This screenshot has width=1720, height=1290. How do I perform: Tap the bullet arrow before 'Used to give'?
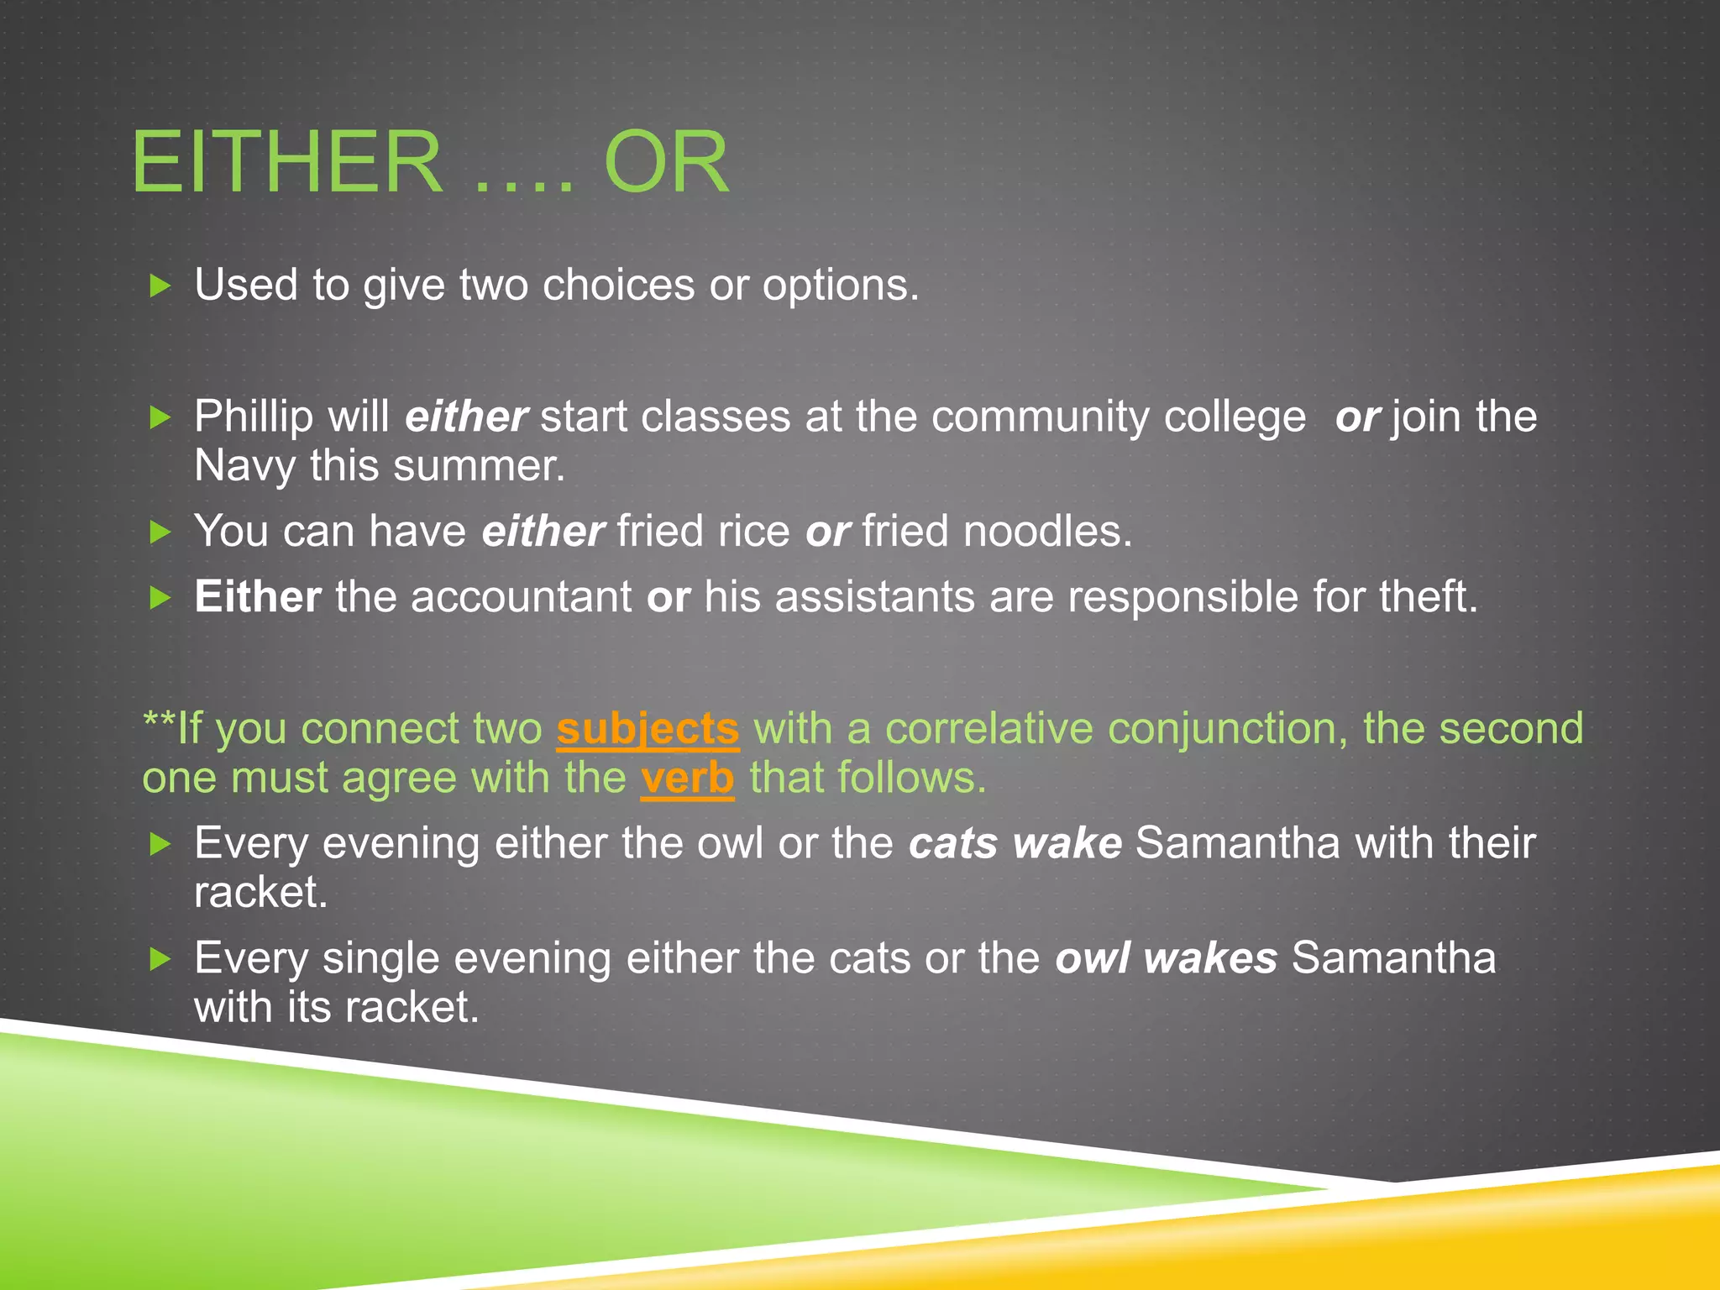click(160, 286)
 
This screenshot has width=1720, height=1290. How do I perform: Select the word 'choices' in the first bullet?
click(618, 286)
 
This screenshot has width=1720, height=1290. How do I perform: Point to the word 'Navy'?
click(244, 466)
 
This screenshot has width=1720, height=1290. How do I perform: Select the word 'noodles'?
click(1047, 532)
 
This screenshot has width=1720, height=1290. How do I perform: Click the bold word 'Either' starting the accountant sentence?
click(258, 597)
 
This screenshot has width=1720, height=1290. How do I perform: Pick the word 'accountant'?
click(521, 597)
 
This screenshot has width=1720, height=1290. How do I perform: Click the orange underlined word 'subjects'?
click(648, 729)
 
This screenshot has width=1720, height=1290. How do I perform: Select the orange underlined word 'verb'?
click(687, 779)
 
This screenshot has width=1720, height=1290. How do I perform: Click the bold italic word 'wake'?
click(1067, 843)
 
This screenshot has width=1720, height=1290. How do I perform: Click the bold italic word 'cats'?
click(952, 843)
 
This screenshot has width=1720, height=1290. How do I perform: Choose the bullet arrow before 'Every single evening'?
click(160, 958)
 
